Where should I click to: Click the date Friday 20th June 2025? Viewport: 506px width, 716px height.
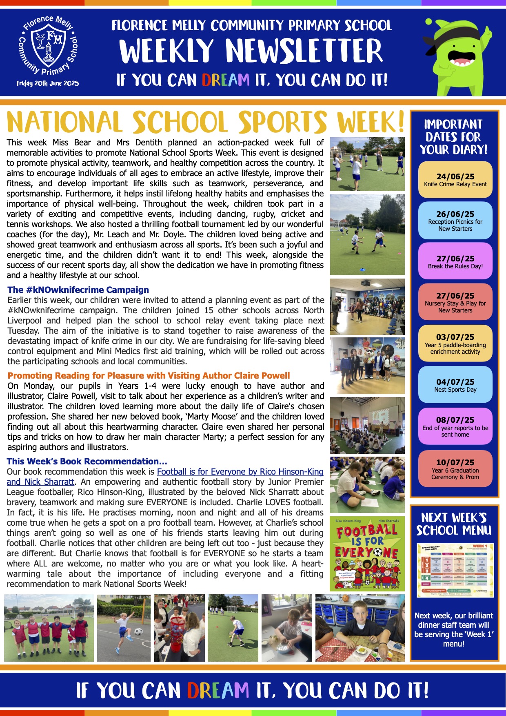[x=48, y=83]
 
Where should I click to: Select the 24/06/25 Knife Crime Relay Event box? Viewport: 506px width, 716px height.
[x=455, y=180]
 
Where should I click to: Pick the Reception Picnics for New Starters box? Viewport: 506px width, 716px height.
[x=455, y=221]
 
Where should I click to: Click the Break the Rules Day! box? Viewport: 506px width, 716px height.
[x=455, y=261]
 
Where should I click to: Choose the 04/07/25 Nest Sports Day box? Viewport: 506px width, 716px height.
[x=455, y=385]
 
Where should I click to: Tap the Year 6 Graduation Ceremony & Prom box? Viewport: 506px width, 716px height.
[x=455, y=469]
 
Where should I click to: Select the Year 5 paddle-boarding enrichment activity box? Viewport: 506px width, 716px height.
[x=455, y=344]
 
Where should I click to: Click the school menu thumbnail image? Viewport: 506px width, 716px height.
[x=455, y=570]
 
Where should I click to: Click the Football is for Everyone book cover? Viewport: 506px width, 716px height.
[x=367, y=554]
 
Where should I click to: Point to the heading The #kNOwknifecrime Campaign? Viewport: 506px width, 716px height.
[x=78, y=290]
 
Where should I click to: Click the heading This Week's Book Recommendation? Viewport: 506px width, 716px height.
[x=87, y=462]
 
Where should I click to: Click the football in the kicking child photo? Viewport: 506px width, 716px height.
[x=139, y=632]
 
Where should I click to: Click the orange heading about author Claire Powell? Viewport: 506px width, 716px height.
[x=149, y=376]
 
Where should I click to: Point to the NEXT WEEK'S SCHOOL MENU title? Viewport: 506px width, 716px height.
[x=454, y=524]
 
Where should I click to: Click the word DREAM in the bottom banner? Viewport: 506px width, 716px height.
[x=218, y=690]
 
